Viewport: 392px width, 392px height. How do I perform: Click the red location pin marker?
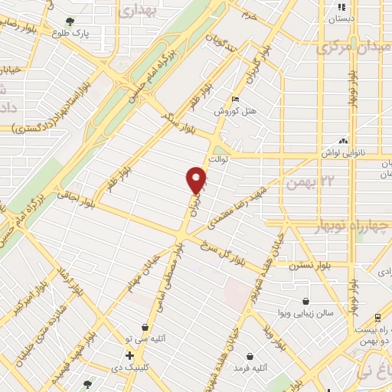pyautogui.click(x=197, y=181)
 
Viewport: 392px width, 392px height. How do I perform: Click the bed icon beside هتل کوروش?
pyautogui.click(x=236, y=100)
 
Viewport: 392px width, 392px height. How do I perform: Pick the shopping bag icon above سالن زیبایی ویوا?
pyautogui.click(x=306, y=302)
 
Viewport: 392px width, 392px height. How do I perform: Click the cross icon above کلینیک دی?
pyautogui.click(x=130, y=356)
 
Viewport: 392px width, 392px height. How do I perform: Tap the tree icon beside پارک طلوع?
pyautogui.click(x=70, y=22)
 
